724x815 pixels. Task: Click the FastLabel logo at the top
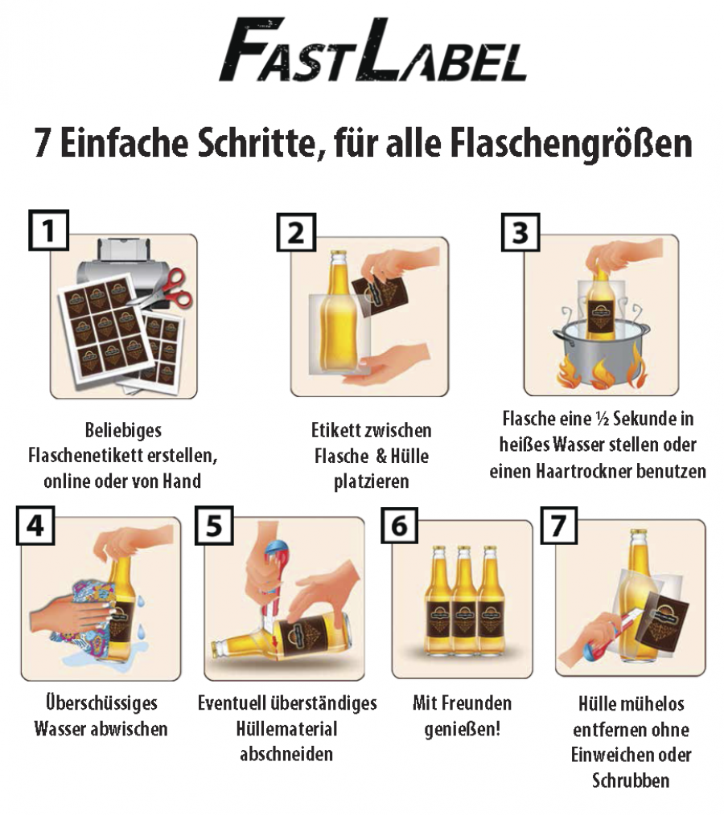point(372,50)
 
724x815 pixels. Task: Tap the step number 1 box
point(48,230)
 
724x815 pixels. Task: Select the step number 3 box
point(520,232)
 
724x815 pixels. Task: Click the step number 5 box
point(214,526)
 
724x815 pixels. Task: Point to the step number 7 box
point(558,526)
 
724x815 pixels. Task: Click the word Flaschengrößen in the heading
point(571,144)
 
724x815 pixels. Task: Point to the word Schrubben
point(631,780)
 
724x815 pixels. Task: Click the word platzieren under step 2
point(371,481)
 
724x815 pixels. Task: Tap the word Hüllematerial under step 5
point(286,729)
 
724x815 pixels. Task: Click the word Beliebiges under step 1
point(123,430)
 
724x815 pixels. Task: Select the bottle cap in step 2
point(339,255)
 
